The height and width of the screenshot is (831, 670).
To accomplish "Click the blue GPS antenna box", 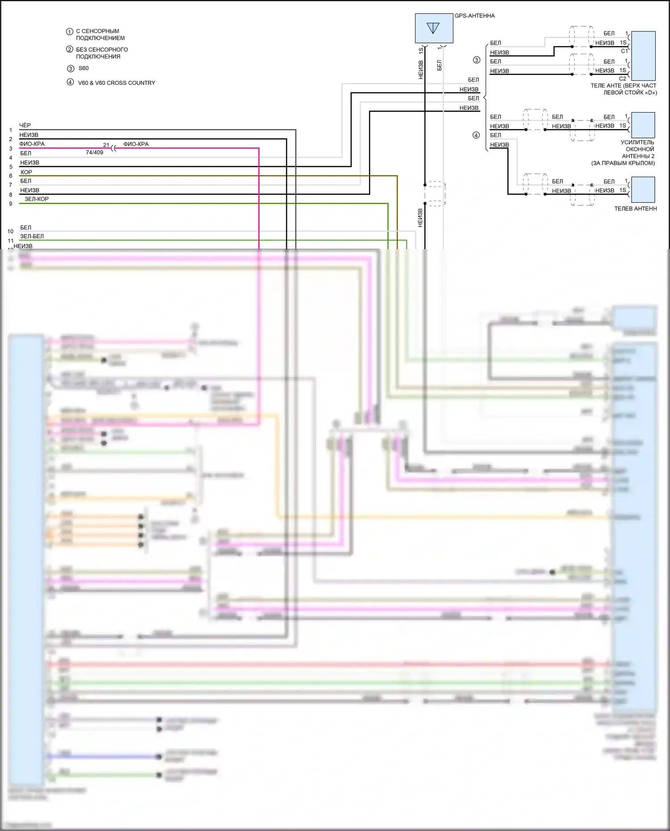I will pos(434,28).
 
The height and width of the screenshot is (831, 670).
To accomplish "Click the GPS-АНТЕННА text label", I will pos(474,16).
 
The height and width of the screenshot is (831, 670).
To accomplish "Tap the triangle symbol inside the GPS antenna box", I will pos(433,28).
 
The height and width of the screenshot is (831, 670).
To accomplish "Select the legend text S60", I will pos(84,68).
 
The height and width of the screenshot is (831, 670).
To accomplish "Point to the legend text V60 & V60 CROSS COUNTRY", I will pos(117,83).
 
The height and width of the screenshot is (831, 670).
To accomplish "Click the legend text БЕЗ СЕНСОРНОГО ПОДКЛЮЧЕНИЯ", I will pos(102,53).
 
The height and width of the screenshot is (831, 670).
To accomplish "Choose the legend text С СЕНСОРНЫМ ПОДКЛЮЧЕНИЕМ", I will pos(100,35).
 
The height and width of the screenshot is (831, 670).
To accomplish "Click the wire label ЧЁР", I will pos(25,125).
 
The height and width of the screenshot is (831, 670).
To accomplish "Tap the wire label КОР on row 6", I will pos(26,172).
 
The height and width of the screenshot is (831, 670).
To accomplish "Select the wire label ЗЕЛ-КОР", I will pos(37,199).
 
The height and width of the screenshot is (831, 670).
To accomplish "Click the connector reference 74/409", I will pos(94,152).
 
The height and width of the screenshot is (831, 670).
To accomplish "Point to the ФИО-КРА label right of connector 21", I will pos(136,144).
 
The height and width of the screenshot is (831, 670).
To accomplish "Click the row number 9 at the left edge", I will pos(11,204).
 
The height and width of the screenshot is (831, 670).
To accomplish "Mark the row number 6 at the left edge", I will pos(11,176).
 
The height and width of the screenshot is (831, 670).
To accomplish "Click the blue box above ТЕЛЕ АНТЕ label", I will pos(643,55).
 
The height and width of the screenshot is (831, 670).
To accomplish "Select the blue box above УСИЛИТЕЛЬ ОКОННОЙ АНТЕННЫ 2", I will pos(643,125).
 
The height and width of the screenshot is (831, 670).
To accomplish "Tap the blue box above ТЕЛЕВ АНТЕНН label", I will pos(643,190).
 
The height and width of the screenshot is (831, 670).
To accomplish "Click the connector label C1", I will pos(624,51).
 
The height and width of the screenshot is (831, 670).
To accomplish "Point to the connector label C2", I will pos(622,79).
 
